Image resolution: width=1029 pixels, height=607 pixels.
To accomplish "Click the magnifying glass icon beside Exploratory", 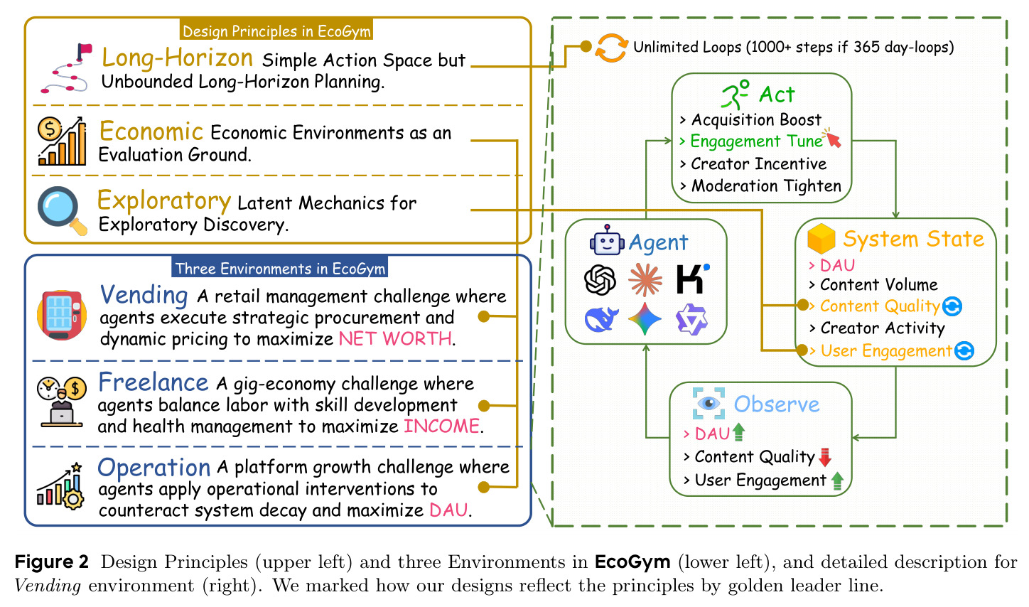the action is coord(62,210).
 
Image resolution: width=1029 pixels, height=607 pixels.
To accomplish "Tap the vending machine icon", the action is coord(62,315).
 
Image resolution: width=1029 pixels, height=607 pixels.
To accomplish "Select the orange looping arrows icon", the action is coord(611,48).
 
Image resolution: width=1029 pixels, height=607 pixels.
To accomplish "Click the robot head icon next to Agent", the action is coord(607,240).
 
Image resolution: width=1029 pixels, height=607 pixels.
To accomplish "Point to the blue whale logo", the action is coord(601,319).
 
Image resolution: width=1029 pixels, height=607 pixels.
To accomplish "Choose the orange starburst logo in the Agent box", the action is coord(645,279).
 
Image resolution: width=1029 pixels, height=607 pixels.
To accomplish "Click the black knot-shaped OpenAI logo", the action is coord(600,279).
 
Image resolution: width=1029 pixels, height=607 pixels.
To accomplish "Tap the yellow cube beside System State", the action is coord(821,239).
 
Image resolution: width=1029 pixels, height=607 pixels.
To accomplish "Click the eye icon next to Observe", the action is coord(709,404).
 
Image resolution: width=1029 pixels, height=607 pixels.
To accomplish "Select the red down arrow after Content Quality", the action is coord(825,457).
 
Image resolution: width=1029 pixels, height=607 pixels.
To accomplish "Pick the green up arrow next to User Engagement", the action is coord(837,480).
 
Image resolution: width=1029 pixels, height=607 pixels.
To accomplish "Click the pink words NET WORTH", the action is coord(396,338).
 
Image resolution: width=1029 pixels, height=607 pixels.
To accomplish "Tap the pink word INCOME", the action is coord(442,426).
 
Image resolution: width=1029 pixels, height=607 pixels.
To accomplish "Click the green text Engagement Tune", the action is coord(757,141).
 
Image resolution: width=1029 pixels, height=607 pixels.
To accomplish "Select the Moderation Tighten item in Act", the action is coord(766,186).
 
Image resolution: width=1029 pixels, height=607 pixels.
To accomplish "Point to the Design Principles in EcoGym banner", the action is coord(276,31).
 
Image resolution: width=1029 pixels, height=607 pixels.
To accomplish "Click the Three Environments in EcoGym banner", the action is coord(280,268).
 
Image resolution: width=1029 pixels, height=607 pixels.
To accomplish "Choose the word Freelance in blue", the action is coord(153,382).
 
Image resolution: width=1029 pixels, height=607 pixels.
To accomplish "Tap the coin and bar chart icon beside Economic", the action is coord(62,141).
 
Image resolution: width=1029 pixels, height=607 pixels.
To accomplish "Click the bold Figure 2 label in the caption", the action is coord(51,562).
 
